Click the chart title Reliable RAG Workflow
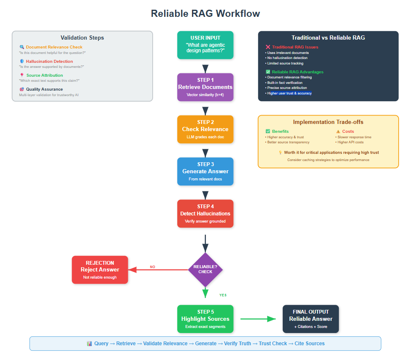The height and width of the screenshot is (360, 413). pyautogui.click(x=205, y=13)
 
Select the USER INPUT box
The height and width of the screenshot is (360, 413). pyautogui.click(x=205, y=45)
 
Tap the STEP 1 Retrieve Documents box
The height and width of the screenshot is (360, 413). pyautogui.click(x=205, y=87)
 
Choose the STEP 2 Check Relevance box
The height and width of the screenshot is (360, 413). pyautogui.click(x=205, y=129)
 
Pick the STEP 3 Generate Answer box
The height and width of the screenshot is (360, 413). pyautogui.click(x=205, y=171)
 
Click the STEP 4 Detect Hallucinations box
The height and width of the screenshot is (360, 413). pyautogui.click(x=205, y=213)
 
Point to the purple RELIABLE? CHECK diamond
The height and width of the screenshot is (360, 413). pyautogui.click(x=205, y=269)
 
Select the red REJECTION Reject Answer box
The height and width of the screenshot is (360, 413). pyautogui.click(x=100, y=269)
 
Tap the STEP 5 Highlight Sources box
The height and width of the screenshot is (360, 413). pyautogui.click(x=205, y=319)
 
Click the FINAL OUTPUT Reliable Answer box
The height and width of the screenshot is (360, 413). pyautogui.click(x=310, y=319)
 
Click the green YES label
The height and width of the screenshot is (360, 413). pyautogui.click(x=223, y=295)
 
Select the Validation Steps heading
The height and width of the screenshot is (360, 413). pyautogui.click(x=82, y=38)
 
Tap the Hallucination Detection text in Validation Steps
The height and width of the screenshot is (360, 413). pyautogui.click(x=49, y=62)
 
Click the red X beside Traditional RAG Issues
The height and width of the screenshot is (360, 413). pyautogui.click(x=268, y=47)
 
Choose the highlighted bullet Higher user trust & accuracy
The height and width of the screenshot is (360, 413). pyautogui.click(x=289, y=93)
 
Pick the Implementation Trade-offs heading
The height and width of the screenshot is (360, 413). pyautogui.click(x=328, y=122)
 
